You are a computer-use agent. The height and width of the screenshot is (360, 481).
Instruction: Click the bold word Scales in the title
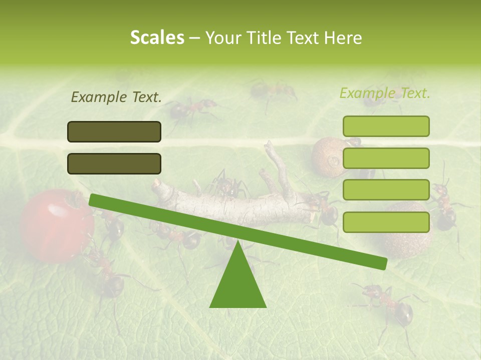tap(157, 37)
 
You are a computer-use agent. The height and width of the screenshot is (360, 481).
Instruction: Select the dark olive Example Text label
tap(116, 97)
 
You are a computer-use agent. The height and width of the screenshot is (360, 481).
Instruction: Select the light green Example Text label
tap(385, 93)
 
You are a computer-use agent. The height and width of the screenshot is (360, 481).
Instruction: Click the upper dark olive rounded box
tap(114, 131)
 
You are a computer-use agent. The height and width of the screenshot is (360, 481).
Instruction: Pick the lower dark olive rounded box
tap(114, 163)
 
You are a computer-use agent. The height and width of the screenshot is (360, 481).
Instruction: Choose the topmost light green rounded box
tap(386, 126)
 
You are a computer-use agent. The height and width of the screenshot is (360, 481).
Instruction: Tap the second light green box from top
tap(386, 158)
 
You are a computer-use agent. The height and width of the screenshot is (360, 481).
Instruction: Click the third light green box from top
tap(386, 190)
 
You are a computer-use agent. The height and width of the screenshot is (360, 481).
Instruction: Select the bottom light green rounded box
tap(386, 222)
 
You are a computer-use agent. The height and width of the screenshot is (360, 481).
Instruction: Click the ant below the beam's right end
tap(388, 302)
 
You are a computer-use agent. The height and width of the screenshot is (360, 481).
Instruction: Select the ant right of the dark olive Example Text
tap(193, 107)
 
